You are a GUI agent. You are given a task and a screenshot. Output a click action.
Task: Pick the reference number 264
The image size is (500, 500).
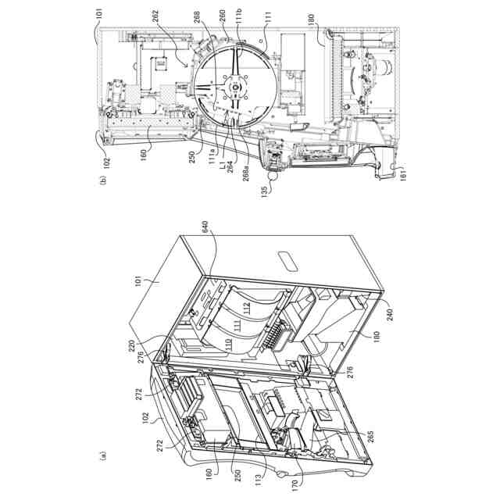point(231,167)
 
